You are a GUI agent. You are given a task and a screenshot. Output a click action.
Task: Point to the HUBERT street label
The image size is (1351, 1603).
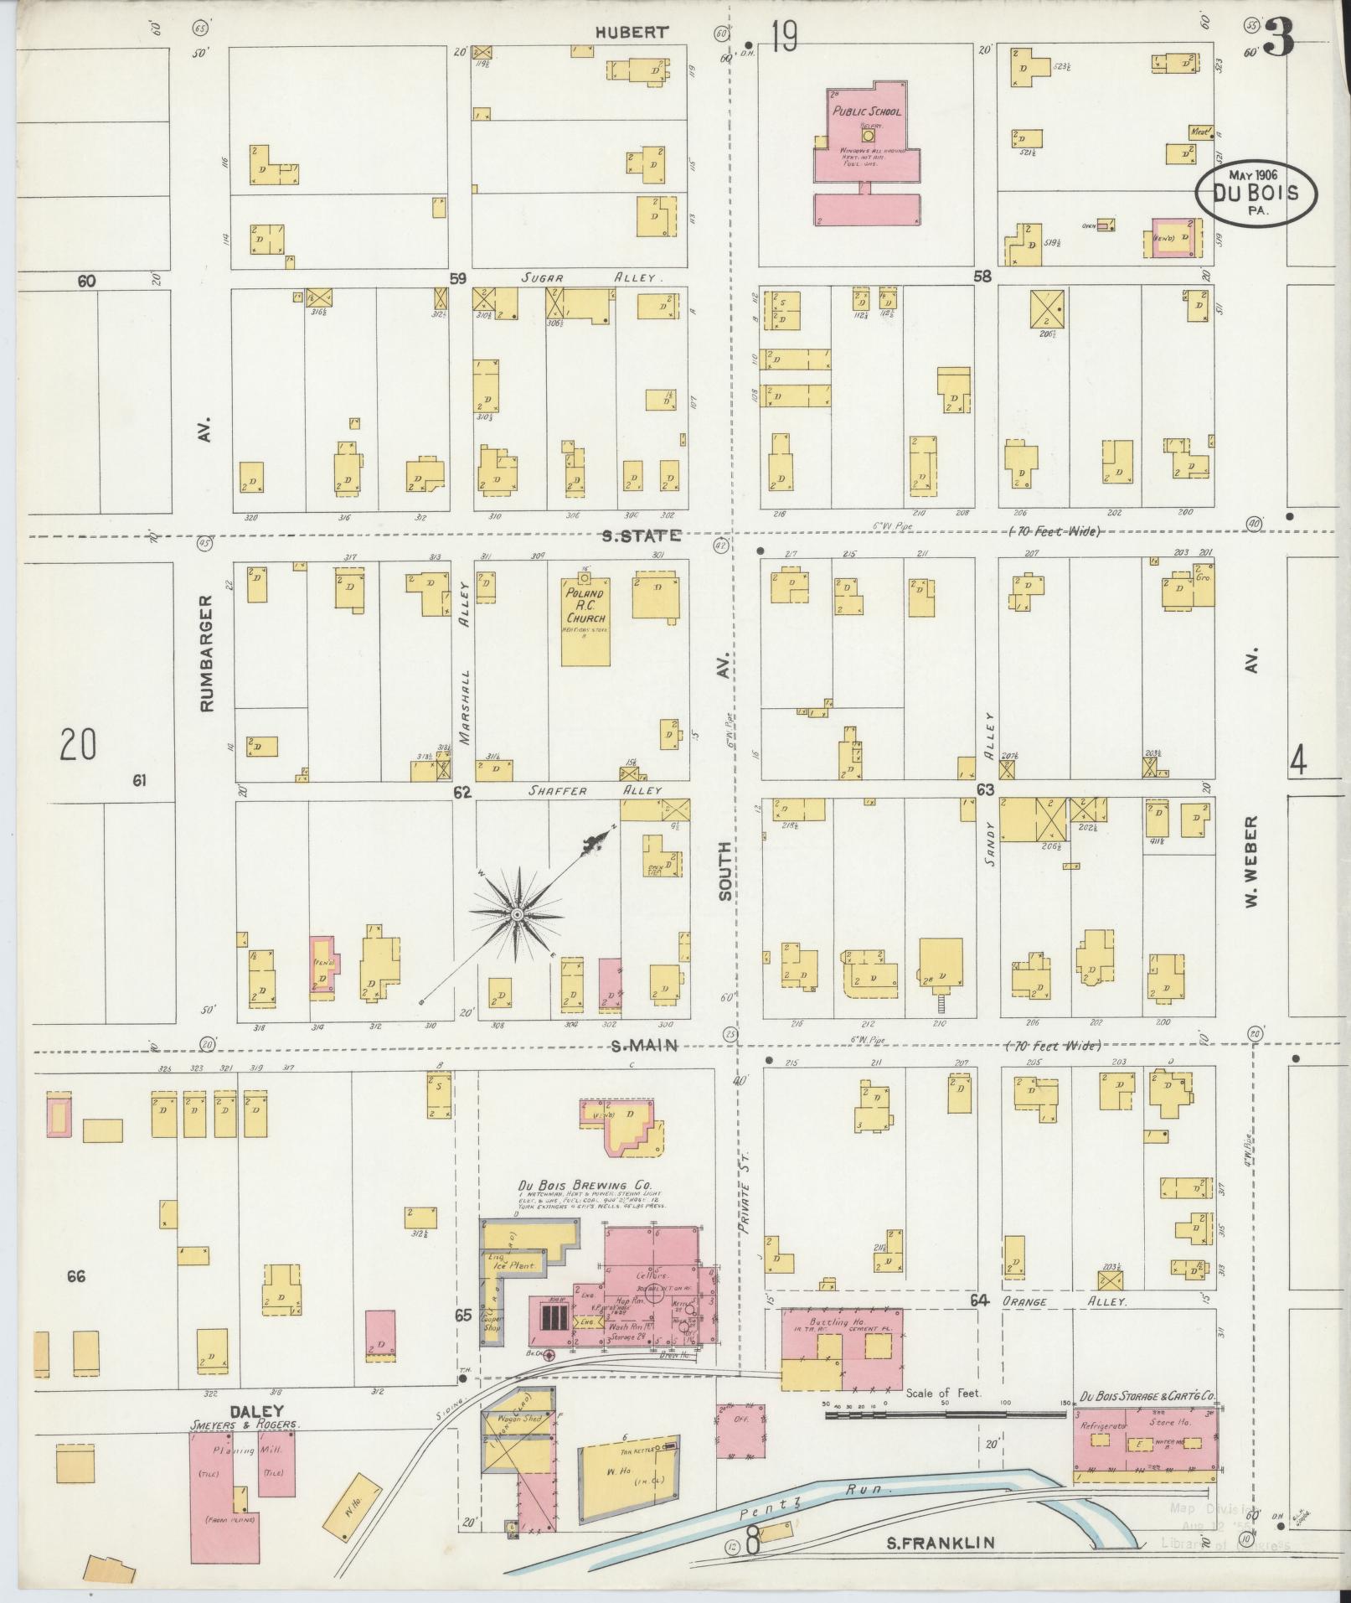click(x=632, y=33)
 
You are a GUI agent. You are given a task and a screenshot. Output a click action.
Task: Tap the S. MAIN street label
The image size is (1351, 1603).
click(x=642, y=1045)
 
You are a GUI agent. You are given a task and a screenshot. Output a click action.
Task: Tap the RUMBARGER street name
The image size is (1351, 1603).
click(x=207, y=654)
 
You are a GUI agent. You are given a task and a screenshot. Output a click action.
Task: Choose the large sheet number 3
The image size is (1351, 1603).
click(x=1279, y=38)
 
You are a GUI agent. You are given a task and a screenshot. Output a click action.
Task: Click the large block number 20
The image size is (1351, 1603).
click(x=78, y=744)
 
